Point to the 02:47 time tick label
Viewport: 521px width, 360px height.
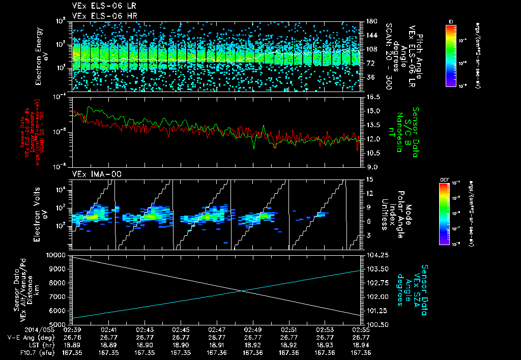[x=217, y=329]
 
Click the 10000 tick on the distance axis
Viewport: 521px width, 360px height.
[x=57, y=254]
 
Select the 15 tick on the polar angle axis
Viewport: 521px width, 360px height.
[x=369, y=179]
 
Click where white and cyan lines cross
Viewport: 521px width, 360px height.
[x=241, y=291]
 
